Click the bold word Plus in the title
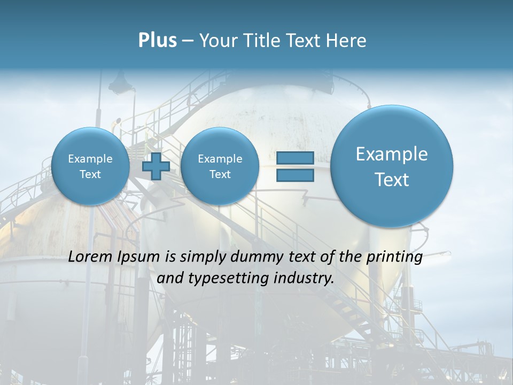click(x=157, y=41)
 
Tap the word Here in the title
click(x=346, y=41)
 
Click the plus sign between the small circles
click(x=156, y=166)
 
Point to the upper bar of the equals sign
click(x=295, y=158)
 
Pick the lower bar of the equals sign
click(x=295, y=175)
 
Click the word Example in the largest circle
click(x=392, y=154)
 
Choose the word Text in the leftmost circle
click(x=90, y=174)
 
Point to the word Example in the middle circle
click(x=220, y=159)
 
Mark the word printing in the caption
click(x=394, y=257)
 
